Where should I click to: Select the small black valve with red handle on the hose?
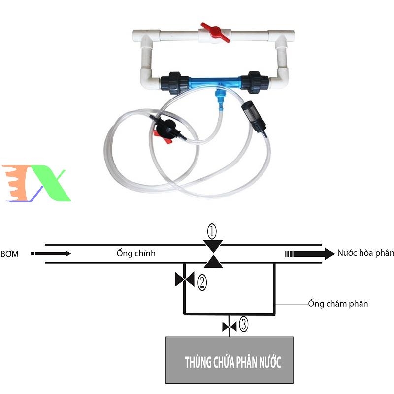tap(165, 131)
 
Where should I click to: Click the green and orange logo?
tap(37, 184)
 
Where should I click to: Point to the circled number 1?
tap(212, 230)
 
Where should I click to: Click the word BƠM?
tap(10, 254)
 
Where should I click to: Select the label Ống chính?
tap(136, 253)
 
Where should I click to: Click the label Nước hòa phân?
tap(365, 253)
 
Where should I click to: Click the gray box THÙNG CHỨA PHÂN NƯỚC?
tap(230, 360)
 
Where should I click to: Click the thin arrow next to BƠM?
tap(52, 254)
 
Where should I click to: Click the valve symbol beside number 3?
tap(230, 326)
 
